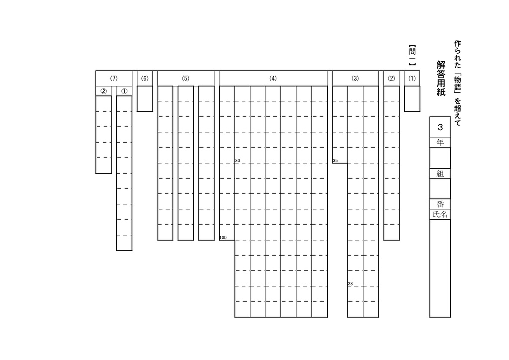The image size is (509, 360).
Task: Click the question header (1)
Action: (412, 78)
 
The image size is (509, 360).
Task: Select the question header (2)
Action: (391, 78)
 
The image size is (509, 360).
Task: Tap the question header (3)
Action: (355, 78)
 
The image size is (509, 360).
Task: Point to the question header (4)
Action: (273, 78)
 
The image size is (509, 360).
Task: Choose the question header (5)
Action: (186, 78)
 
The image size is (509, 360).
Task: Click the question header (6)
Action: (145, 78)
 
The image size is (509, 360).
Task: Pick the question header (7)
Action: (114, 78)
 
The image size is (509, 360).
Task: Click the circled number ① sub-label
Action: (124, 91)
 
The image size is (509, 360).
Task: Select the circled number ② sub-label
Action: (103, 91)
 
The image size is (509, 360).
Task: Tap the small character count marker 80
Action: (237, 161)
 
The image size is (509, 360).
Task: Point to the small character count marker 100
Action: (223, 238)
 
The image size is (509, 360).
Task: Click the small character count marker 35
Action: (335, 161)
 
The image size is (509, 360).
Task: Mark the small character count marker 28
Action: (350, 284)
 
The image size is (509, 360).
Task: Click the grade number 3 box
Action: (440, 127)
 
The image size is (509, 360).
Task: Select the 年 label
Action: (440, 142)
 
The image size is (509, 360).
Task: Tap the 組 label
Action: (440, 174)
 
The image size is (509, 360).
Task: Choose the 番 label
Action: (440, 204)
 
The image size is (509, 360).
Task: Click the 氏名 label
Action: (440, 215)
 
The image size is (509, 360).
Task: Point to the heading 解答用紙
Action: (441, 78)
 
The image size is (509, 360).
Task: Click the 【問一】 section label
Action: (412, 55)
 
